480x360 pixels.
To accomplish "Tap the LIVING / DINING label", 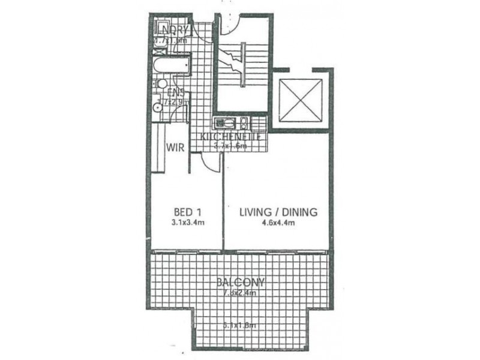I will (278, 212).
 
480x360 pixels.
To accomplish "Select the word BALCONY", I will (238, 282).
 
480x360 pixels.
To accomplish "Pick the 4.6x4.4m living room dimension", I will (278, 223).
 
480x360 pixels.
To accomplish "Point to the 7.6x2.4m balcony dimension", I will (239, 293).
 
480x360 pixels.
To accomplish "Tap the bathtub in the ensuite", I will (171, 65).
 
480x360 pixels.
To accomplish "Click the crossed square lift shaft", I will (301, 100).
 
